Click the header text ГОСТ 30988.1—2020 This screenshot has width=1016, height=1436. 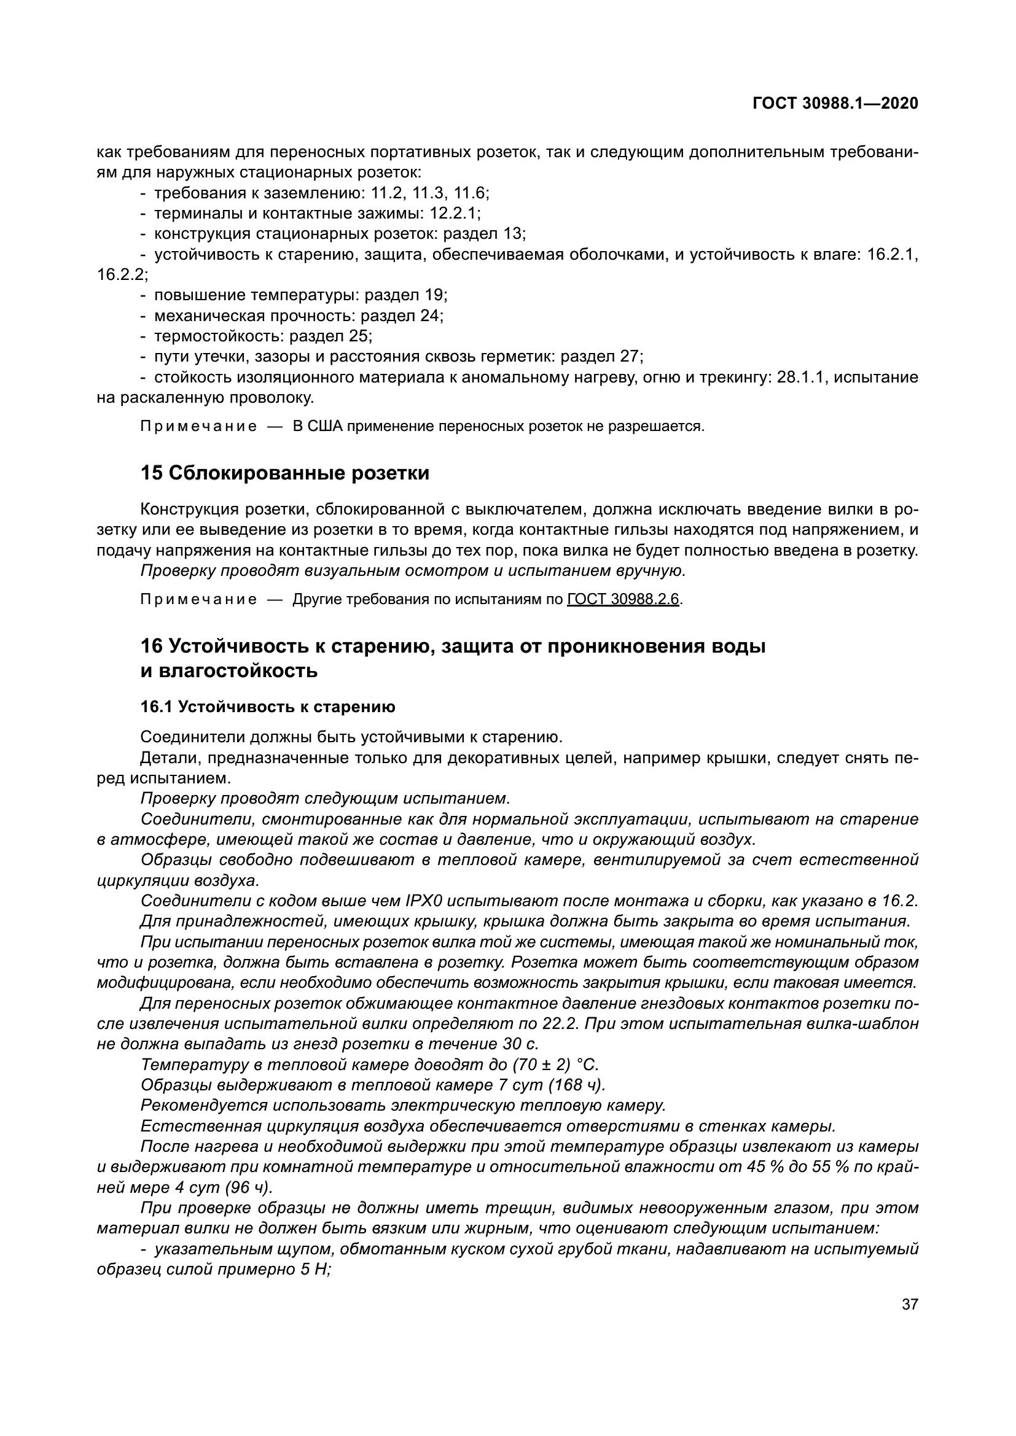(835, 103)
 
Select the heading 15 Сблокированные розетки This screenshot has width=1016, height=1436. (285, 473)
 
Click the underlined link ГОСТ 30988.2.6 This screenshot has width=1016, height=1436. (623, 599)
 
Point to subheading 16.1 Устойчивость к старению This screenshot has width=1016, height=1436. (268, 707)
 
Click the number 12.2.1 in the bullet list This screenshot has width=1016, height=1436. (454, 213)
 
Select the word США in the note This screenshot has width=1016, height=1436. (326, 427)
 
